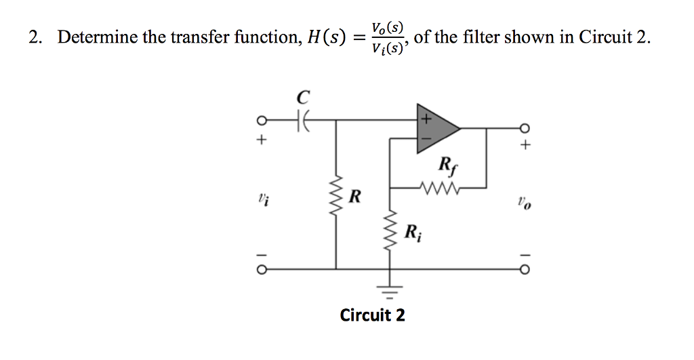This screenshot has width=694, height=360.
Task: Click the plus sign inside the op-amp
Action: (426, 119)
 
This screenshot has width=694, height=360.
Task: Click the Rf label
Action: (447, 165)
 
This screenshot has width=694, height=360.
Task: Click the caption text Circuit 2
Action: (372, 315)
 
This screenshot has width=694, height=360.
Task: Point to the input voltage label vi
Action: (262, 199)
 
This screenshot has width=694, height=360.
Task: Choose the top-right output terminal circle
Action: (523, 127)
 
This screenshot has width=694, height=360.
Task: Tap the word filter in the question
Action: (484, 37)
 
